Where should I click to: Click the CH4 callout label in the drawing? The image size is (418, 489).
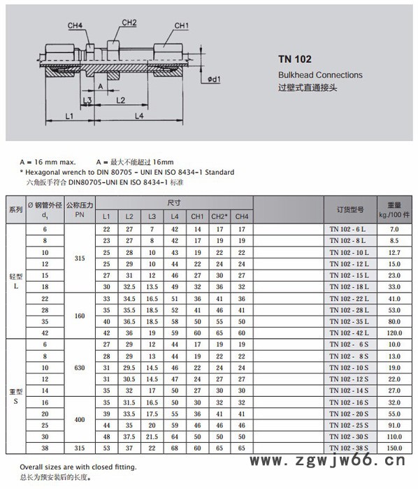coord(75,26)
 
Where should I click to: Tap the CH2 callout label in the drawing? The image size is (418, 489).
coord(129,23)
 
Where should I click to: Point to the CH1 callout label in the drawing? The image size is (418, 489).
coord(182,26)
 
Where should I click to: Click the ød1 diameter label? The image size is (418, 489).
coord(215,80)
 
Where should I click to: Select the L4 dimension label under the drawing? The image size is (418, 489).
coord(139,116)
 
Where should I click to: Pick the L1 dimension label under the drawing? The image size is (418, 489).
coord(69,117)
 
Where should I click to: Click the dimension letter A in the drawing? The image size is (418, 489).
coord(101,87)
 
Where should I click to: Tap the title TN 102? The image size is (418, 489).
coord(295,59)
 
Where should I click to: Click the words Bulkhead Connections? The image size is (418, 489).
coord(320,75)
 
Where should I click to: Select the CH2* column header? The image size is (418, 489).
coord(219,217)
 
